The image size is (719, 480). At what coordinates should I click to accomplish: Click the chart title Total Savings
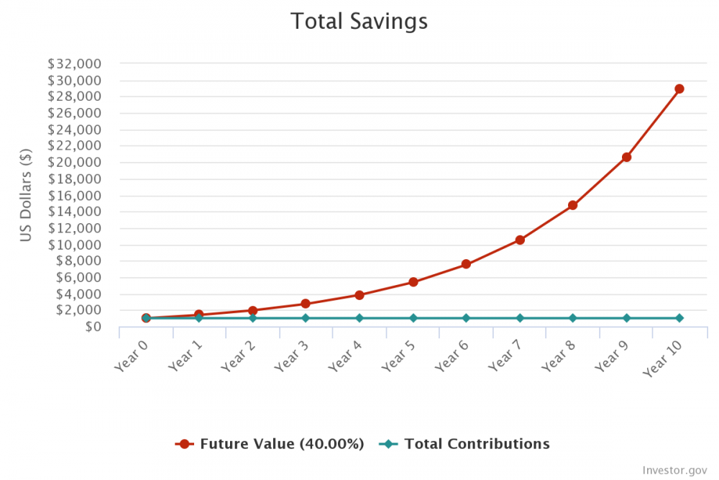point(359,21)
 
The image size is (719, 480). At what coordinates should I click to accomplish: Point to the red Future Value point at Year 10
point(679,89)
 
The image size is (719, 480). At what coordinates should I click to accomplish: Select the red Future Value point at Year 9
point(626,157)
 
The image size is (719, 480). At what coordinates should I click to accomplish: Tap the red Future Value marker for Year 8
point(573,205)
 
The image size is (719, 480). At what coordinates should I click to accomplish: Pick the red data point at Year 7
point(520,240)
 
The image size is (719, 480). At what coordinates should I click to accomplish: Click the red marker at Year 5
point(413,282)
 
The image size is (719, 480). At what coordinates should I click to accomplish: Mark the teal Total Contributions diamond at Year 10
point(679,318)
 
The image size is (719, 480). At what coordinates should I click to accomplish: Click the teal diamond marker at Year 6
point(466,318)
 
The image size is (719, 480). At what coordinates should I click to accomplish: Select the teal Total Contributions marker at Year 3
point(306,318)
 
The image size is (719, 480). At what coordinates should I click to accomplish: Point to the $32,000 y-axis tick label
point(74,63)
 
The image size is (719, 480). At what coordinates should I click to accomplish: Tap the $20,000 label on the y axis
point(74,162)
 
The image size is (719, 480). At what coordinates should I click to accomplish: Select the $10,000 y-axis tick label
point(74,245)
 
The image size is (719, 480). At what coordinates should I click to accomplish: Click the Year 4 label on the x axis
point(344,355)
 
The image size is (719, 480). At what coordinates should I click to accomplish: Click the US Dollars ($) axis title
point(26,195)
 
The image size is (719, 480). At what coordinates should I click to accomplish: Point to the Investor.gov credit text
point(675,470)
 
